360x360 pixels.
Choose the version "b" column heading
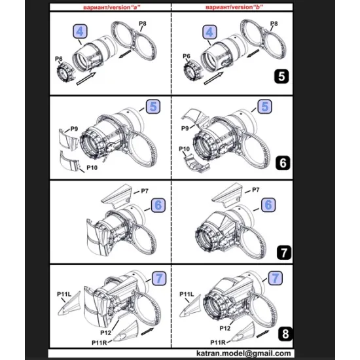[x=228, y=5]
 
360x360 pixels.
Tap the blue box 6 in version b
[x=267, y=205]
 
